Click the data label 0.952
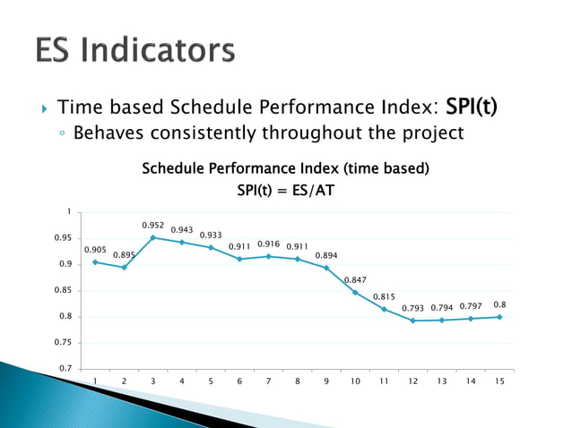(154, 226)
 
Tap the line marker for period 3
(153, 237)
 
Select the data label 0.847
(356, 280)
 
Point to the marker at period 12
(412, 321)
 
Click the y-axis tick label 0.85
(63, 290)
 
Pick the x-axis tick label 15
(498, 381)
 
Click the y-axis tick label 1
(69, 211)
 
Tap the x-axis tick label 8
(298, 381)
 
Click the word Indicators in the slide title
(171, 50)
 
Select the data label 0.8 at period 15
(499, 304)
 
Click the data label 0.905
(96, 250)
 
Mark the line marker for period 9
(326, 268)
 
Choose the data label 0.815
(384, 296)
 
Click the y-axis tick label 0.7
(65, 369)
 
